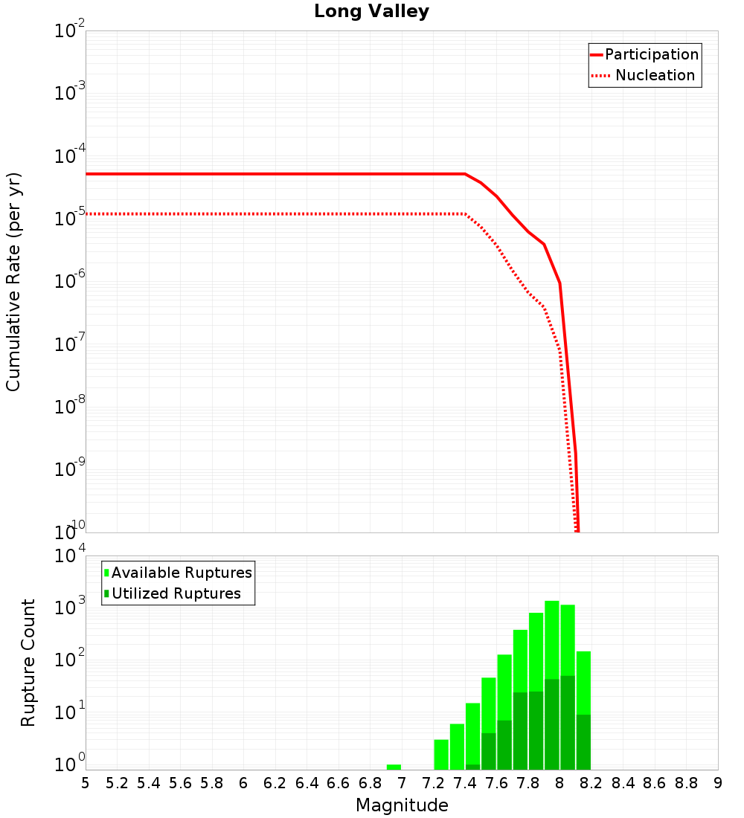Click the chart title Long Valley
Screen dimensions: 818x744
(x=371, y=12)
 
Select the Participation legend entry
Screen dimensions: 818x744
(x=651, y=54)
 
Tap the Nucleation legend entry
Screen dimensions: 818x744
(x=654, y=75)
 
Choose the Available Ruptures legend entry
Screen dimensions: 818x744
(x=182, y=573)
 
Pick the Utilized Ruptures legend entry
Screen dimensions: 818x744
(x=176, y=593)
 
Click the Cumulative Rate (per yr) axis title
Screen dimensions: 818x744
(x=13, y=281)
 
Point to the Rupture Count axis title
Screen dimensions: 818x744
(x=28, y=663)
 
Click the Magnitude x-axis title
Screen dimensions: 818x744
(x=402, y=805)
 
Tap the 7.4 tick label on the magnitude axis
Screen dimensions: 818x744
(x=465, y=783)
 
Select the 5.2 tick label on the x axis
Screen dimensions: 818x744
(x=118, y=783)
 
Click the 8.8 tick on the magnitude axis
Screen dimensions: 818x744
(x=686, y=783)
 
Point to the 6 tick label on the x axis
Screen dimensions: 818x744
(x=243, y=783)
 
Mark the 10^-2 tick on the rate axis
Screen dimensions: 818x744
(x=70, y=31)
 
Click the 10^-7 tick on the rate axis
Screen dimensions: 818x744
(x=70, y=344)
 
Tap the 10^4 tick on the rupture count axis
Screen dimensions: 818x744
(x=70, y=556)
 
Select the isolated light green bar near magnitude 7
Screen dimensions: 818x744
(x=394, y=767)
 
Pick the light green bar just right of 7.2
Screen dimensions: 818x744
(x=441, y=754)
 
